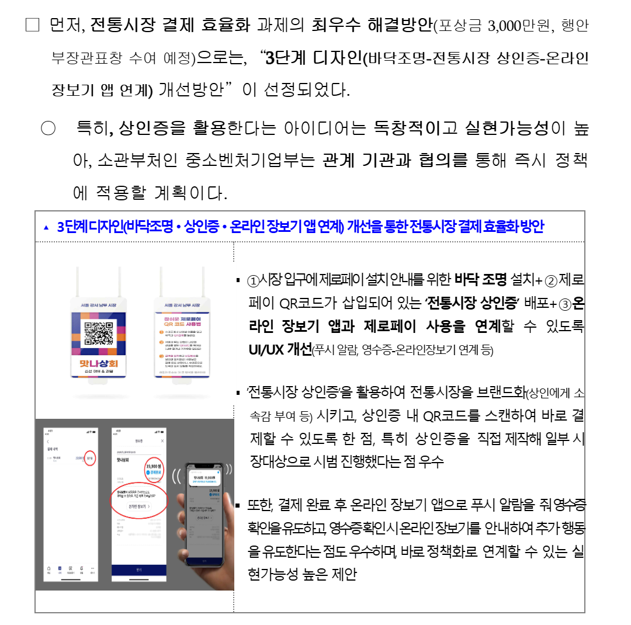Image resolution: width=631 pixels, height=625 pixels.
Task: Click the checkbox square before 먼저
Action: (x=32, y=26)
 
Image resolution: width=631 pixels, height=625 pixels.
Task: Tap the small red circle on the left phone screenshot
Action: (x=90, y=459)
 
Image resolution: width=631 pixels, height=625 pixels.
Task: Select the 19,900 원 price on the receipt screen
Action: (x=154, y=466)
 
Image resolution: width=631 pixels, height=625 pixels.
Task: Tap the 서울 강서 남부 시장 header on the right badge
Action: (x=182, y=305)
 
